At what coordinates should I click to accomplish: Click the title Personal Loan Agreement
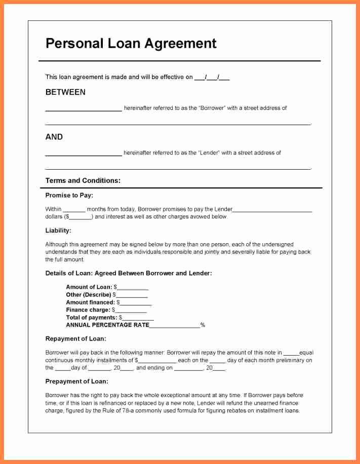click(x=131, y=44)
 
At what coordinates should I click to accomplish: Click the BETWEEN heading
click(x=65, y=92)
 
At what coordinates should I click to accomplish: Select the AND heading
click(x=54, y=137)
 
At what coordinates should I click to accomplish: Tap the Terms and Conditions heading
click(x=83, y=180)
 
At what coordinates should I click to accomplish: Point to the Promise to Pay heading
click(x=69, y=195)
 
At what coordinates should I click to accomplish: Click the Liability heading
click(x=58, y=230)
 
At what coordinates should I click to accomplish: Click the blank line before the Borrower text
click(x=84, y=109)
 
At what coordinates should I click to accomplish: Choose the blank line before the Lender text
click(x=84, y=153)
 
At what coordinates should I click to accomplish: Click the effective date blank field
click(x=212, y=78)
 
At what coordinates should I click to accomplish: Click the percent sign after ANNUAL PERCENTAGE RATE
click(x=203, y=325)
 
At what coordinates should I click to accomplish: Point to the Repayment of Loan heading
click(x=76, y=338)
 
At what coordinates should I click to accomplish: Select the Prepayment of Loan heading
click(x=77, y=381)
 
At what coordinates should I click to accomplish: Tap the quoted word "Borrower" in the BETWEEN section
click(x=212, y=108)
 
